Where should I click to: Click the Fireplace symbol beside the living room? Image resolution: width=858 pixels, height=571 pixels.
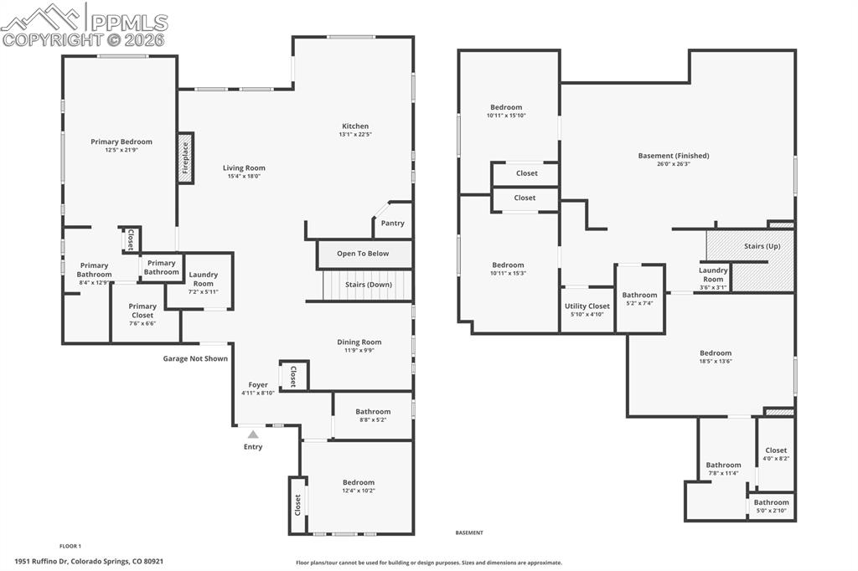(x=185, y=157)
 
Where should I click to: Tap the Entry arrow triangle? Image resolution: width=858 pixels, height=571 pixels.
(x=253, y=434)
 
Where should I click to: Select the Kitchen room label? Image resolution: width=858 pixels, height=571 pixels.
(x=354, y=126)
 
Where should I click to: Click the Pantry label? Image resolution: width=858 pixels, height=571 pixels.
(x=392, y=224)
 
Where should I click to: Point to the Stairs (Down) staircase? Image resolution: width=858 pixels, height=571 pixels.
(x=369, y=285)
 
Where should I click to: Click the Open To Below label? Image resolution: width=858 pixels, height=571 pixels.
(x=363, y=254)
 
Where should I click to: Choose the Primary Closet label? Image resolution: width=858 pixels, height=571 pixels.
(x=142, y=306)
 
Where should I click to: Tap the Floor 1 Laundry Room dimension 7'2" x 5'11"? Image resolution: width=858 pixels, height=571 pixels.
(x=203, y=291)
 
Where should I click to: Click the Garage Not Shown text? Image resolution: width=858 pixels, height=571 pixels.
(x=195, y=358)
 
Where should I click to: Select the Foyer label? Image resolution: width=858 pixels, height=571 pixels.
(x=258, y=385)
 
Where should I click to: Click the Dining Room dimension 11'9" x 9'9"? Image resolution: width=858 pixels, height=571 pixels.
(x=359, y=351)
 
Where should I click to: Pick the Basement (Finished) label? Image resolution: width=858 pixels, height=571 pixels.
(x=674, y=156)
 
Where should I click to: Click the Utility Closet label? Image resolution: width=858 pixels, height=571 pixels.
(x=587, y=306)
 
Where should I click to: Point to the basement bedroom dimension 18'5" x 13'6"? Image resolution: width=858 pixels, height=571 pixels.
(x=716, y=362)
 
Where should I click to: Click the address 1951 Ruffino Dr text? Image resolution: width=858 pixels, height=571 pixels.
(x=89, y=562)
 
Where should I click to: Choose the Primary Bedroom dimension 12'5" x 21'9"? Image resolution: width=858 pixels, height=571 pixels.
(x=121, y=151)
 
